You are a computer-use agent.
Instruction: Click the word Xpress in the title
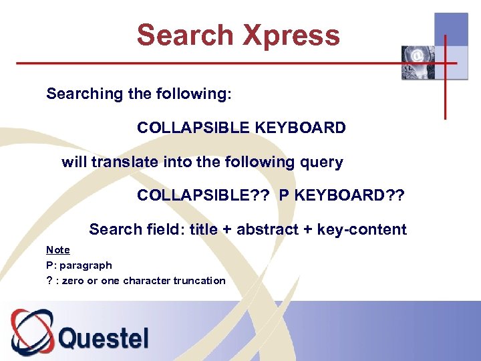tap(291, 35)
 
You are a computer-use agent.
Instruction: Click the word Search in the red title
tap(185, 35)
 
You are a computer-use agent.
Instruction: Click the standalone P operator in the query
tap(284, 195)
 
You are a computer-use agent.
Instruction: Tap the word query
tap(322, 162)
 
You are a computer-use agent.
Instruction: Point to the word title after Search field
tap(203, 229)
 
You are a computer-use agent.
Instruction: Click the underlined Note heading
tap(58, 250)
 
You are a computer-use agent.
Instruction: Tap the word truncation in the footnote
tap(200, 281)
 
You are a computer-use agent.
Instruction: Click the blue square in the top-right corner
tap(451, 31)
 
